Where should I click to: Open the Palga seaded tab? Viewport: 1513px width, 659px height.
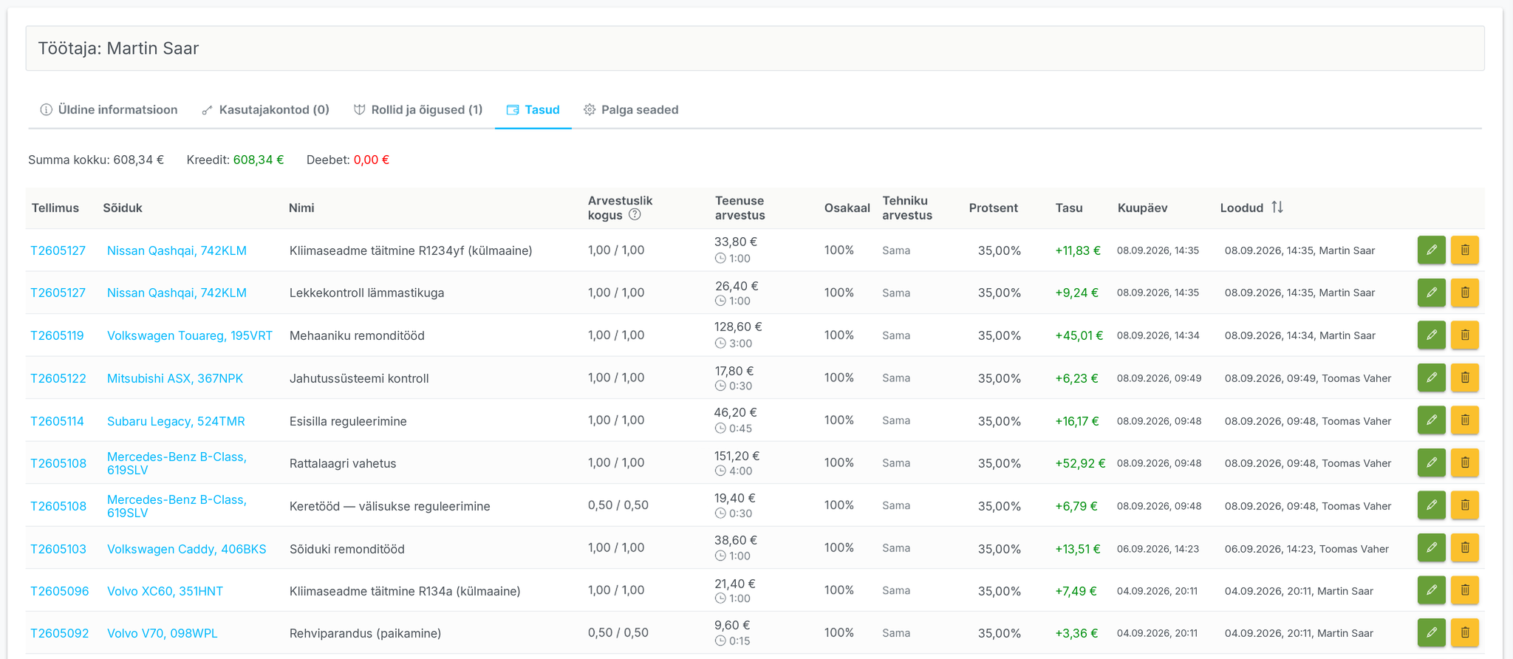tap(631, 109)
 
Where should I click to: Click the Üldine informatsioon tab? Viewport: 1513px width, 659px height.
tap(109, 109)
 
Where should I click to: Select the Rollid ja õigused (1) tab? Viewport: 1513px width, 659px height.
tap(418, 109)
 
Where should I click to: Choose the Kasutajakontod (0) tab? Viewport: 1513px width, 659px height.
tap(265, 109)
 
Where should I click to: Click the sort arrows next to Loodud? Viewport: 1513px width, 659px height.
tap(1277, 208)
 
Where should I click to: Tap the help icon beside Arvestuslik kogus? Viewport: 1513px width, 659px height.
tap(635, 215)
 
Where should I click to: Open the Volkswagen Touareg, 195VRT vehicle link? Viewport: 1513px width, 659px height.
tap(190, 335)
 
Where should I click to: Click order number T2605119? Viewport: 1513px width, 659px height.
tap(57, 335)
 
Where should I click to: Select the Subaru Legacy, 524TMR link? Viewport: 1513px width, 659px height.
tap(176, 421)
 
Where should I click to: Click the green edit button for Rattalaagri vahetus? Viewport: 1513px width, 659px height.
tap(1432, 462)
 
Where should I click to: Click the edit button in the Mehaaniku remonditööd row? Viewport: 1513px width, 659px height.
tap(1432, 335)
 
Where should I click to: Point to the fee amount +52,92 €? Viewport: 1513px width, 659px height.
tap(1080, 463)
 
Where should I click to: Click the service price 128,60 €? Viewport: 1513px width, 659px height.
tap(738, 327)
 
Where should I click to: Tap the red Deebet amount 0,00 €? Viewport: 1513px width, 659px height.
tap(372, 160)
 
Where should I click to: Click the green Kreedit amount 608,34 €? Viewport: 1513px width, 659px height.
tap(259, 160)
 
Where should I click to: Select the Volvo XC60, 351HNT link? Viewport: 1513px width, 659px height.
tap(165, 591)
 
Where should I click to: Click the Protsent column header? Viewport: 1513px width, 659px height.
tap(994, 208)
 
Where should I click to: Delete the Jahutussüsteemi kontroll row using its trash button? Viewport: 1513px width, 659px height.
tap(1465, 378)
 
